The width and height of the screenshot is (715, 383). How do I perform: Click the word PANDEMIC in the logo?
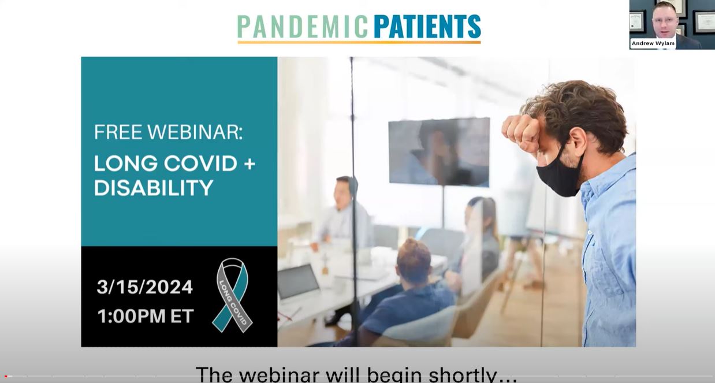(302, 27)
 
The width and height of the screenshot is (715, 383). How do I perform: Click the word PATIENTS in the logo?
(427, 27)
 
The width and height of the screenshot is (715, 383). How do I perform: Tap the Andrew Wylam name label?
(653, 43)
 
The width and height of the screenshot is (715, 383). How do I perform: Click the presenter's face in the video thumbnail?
(664, 20)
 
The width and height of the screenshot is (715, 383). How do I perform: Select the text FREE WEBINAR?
(168, 132)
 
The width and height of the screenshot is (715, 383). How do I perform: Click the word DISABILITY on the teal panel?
(153, 188)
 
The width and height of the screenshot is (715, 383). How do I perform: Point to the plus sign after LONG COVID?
(249, 163)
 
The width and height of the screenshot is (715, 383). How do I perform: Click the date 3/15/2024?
(144, 287)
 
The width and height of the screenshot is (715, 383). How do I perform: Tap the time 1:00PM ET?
(145, 316)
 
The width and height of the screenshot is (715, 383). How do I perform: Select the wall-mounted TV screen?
(439, 151)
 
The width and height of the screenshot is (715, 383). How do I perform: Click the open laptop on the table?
(299, 282)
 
